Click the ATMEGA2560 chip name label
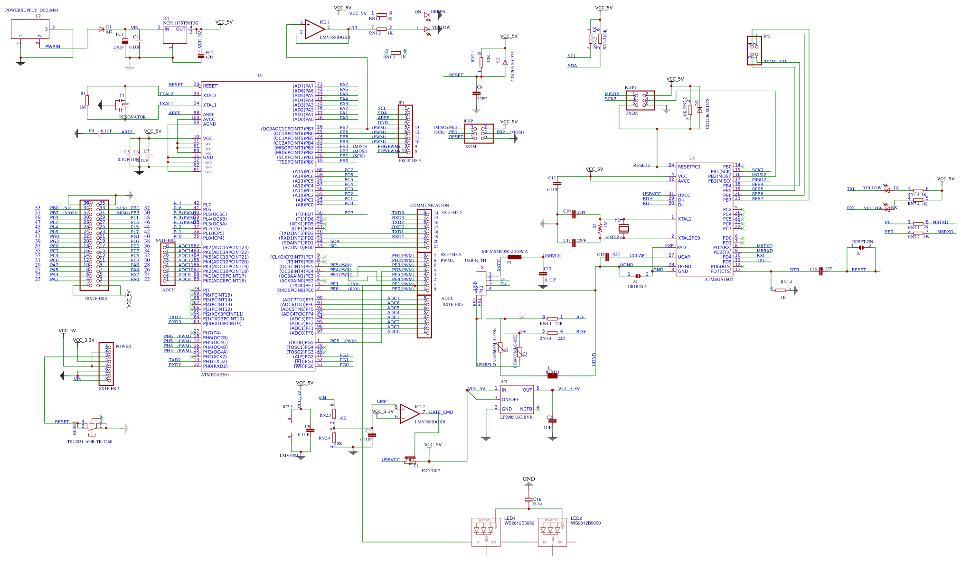coord(215,375)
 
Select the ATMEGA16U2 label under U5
coord(718,280)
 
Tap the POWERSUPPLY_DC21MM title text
coord(31,10)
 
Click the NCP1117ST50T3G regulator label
coord(180,23)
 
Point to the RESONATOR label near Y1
coord(132,117)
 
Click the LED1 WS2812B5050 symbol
coord(486,532)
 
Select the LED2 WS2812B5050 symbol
coord(552,532)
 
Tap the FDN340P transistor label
coord(431,471)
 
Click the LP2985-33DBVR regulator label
coord(516,417)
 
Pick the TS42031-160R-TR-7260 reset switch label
coord(90,442)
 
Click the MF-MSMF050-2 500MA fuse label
coord(505,252)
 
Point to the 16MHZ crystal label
coord(612,237)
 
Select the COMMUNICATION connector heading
coord(429,206)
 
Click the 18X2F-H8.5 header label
coord(96,299)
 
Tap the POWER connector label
coord(123,347)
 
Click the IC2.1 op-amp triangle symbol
coord(314,29)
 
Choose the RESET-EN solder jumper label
coord(862,242)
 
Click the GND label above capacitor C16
coord(528,479)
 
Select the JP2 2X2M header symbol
coord(754,50)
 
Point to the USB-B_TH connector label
coord(475,261)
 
